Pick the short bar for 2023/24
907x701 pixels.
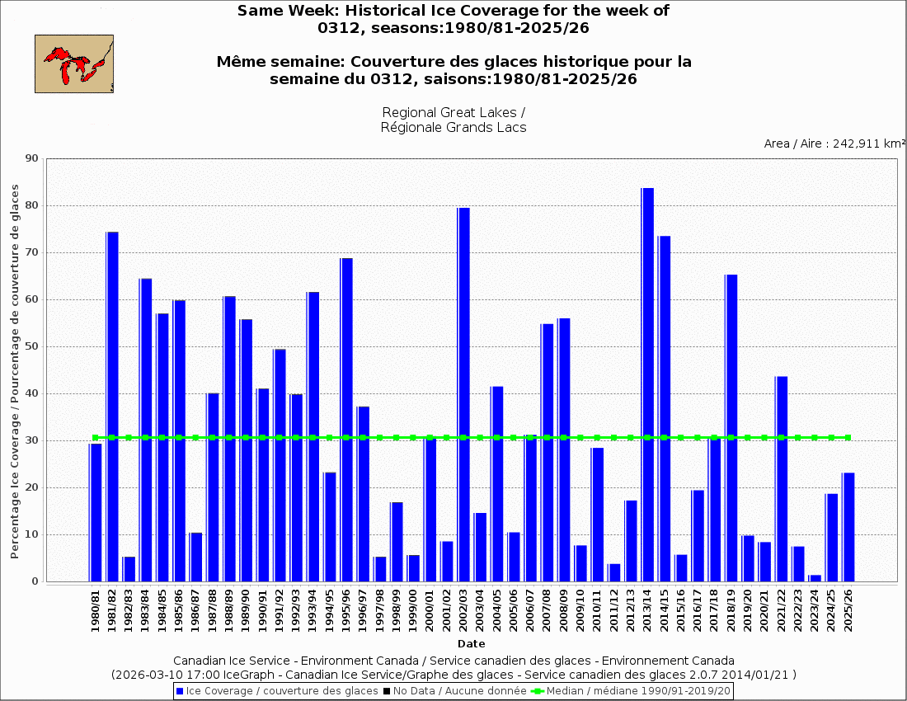(x=815, y=578)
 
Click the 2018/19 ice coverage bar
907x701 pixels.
(x=731, y=428)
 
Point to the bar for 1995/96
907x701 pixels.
(x=346, y=420)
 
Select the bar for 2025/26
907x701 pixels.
(x=848, y=527)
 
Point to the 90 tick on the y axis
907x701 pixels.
(x=33, y=158)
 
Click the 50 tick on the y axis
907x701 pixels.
(x=33, y=346)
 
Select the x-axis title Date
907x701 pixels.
(x=472, y=644)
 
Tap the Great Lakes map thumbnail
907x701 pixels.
(x=74, y=64)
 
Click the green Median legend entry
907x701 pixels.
(x=632, y=691)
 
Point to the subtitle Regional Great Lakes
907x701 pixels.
(x=453, y=112)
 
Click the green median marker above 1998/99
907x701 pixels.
(x=397, y=438)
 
